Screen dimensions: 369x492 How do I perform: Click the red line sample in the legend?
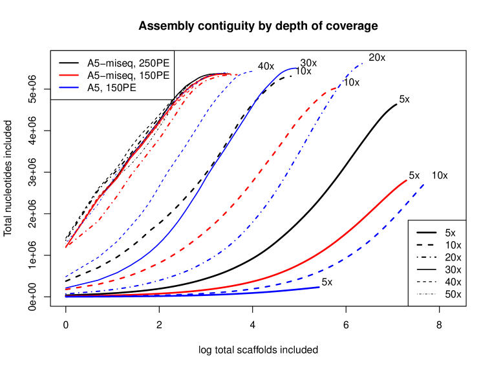(69, 76)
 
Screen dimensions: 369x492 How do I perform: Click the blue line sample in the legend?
(69, 87)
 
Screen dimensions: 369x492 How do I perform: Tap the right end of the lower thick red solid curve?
(407, 180)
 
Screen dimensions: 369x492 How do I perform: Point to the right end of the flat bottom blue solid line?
(320, 287)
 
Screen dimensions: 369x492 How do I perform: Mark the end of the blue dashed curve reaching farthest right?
(424, 185)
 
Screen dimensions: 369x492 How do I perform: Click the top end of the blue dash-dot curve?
(363, 63)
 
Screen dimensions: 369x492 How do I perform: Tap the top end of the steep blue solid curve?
(296, 67)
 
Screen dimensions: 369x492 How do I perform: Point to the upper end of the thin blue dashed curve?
(252, 71)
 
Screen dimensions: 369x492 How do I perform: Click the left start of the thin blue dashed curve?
(65, 277)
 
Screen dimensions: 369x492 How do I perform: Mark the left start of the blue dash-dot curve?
(65, 294)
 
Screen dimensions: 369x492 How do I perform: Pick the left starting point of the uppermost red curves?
(65, 247)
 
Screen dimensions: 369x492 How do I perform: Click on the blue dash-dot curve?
(284, 181)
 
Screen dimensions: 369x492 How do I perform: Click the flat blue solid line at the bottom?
(194, 295)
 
